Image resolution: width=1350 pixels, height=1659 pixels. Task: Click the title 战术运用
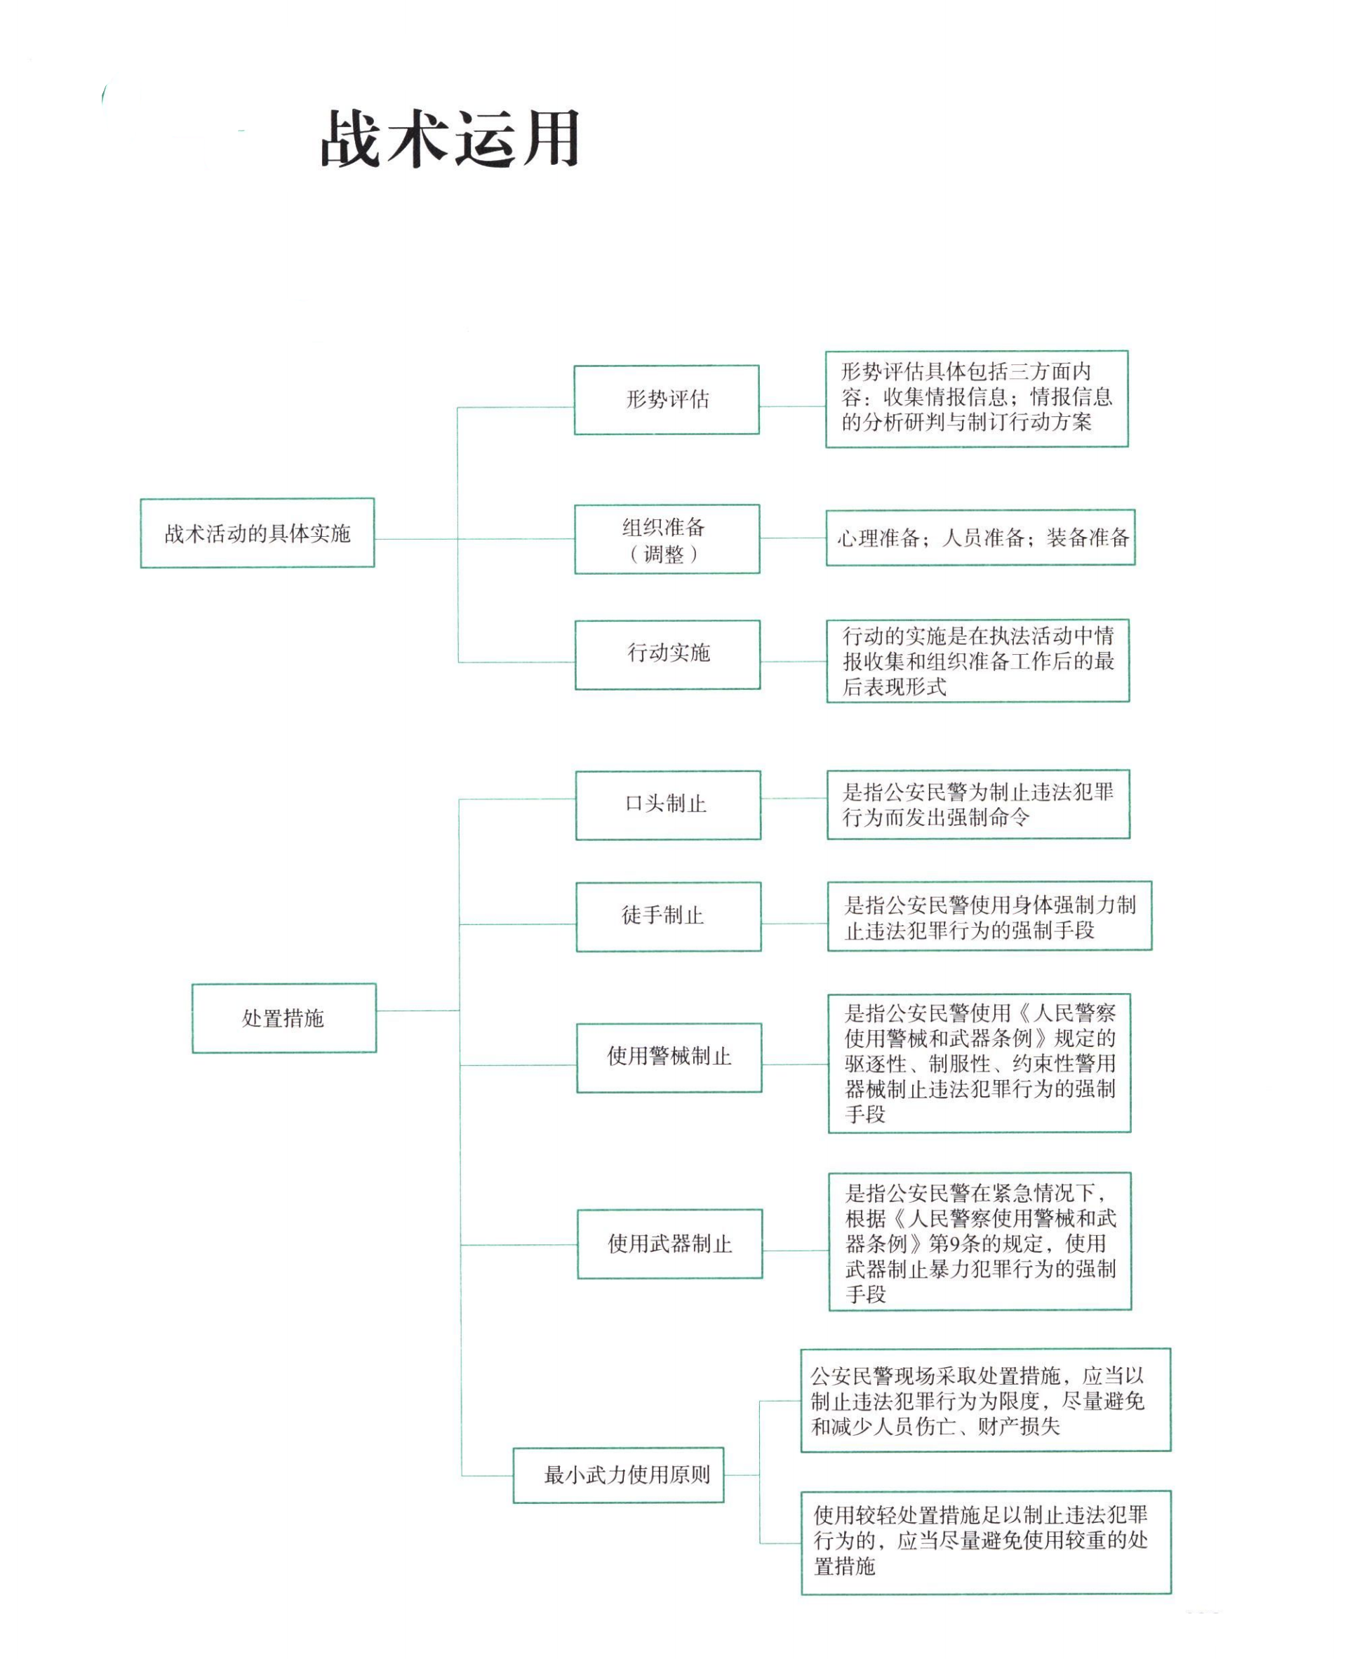point(450,139)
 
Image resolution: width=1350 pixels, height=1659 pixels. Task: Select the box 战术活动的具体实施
point(258,533)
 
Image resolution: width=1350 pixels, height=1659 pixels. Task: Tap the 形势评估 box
point(667,400)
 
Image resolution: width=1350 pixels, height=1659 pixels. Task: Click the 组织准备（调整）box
point(667,540)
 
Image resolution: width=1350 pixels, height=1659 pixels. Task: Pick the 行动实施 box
point(667,654)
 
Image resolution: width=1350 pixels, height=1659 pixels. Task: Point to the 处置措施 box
point(284,1018)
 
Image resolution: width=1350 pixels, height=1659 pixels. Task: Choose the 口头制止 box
point(667,805)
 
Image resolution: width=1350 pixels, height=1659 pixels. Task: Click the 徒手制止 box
point(668,917)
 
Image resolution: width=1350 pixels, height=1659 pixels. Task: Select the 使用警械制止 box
point(669,1058)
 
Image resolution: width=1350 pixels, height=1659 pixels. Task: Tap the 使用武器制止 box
point(669,1244)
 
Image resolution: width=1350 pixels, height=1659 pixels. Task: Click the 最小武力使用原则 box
point(618,1474)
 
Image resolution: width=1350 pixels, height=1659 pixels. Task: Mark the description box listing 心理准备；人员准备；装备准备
point(980,538)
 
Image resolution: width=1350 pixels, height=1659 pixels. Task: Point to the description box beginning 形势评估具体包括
point(976,399)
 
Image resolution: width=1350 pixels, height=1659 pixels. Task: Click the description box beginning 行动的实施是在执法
point(977,661)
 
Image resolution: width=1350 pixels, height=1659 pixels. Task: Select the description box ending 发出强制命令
point(978,805)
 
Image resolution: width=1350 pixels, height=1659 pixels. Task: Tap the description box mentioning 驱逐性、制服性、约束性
point(979,1063)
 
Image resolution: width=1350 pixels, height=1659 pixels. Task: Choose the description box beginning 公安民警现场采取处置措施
point(985,1401)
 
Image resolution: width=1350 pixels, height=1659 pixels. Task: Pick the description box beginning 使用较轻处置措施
point(986,1543)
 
